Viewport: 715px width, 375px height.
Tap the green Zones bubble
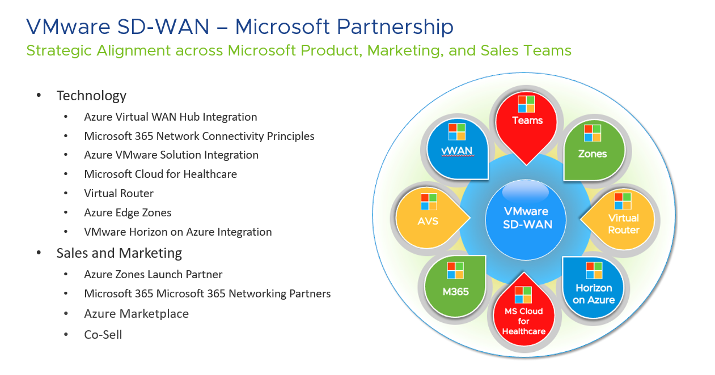(x=593, y=150)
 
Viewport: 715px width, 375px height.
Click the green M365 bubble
(x=455, y=286)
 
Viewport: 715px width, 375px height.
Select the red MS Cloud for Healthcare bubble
(x=524, y=314)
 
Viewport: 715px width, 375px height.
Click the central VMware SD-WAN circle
(x=527, y=218)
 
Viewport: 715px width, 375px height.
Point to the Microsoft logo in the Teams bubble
(x=526, y=104)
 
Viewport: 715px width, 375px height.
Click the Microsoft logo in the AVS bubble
(x=429, y=202)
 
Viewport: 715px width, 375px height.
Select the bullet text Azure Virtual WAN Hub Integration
(x=170, y=117)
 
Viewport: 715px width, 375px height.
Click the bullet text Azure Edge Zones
(x=128, y=213)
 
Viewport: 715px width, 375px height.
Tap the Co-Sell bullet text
(x=103, y=334)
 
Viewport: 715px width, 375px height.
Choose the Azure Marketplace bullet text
(x=136, y=314)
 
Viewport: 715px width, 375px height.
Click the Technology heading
(x=91, y=96)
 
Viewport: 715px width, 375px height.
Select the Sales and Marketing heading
(x=119, y=253)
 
